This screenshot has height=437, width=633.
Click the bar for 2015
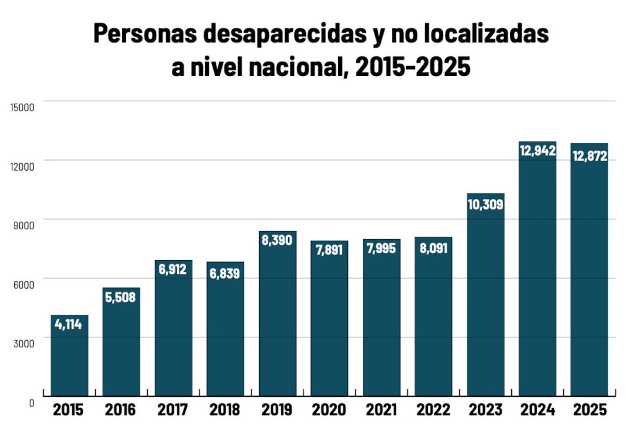tap(69, 355)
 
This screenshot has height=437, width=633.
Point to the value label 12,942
tap(537, 150)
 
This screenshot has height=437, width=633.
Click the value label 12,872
tap(589, 156)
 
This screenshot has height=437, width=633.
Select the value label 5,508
tap(121, 297)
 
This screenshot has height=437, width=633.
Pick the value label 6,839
tap(225, 273)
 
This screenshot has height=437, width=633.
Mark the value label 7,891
tap(329, 251)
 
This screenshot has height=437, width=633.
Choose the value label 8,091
tap(433, 248)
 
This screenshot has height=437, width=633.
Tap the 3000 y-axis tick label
tap(23, 343)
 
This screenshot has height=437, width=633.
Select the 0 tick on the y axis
tap(31, 402)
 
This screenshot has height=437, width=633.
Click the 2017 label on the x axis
tap(172, 410)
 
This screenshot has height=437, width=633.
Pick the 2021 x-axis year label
tap(381, 410)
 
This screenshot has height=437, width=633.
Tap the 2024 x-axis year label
tap(537, 410)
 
